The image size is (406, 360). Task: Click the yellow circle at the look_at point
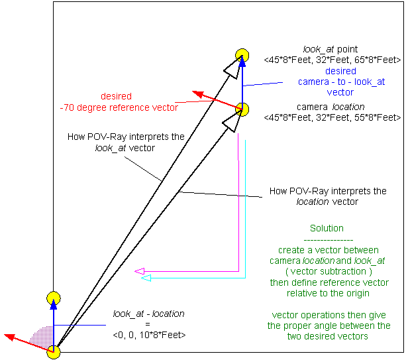[x=242, y=54]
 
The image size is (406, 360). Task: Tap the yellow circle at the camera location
[x=242, y=108]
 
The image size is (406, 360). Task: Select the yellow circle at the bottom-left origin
[x=54, y=351]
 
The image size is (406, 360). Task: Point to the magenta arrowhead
[x=139, y=270]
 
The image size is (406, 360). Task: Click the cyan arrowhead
[x=146, y=278]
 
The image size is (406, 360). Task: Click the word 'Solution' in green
[x=327, y=228]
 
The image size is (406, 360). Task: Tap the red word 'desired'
[x=116, y=96]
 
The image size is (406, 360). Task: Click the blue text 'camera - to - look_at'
[x=340, y=82]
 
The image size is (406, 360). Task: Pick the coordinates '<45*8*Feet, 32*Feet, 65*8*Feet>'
[x=331, y=60]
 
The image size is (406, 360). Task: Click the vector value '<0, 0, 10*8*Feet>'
[x=149, y=335]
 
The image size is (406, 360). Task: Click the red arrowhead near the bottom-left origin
[x=10, y=337]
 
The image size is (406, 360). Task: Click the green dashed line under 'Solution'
[x=327, y=239]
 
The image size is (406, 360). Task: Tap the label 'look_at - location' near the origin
[x=149, y=314]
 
